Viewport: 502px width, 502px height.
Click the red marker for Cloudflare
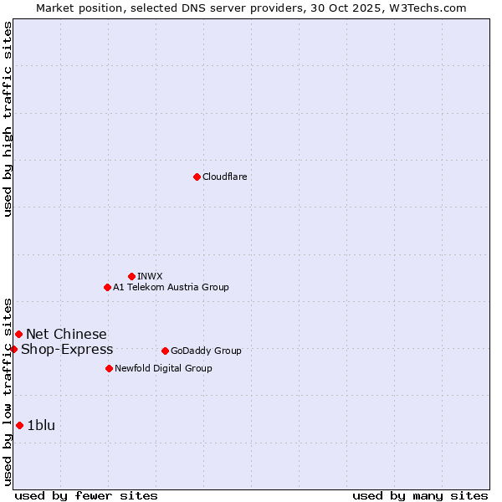197,177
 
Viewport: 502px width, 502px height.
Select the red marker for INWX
131,276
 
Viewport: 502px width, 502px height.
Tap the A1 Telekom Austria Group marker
107,287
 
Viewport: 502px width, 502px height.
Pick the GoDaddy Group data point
165,351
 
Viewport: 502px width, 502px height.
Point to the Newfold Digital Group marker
109,368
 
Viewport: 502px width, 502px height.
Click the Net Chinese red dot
18,334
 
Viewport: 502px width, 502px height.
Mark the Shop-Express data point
13,349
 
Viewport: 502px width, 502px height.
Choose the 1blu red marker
19,425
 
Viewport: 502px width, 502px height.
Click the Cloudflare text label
224,177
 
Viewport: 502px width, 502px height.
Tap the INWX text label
150,276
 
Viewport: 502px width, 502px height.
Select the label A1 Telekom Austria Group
171,287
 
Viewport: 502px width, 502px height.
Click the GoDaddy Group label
206,351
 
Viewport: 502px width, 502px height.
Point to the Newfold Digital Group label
163,368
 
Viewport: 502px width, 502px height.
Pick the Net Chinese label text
66,334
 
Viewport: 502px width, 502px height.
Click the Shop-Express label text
67,349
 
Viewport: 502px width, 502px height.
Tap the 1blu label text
41,425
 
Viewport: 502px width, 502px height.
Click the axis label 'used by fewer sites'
86,495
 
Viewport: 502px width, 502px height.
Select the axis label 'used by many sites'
420,495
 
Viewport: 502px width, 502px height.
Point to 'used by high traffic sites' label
8,119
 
